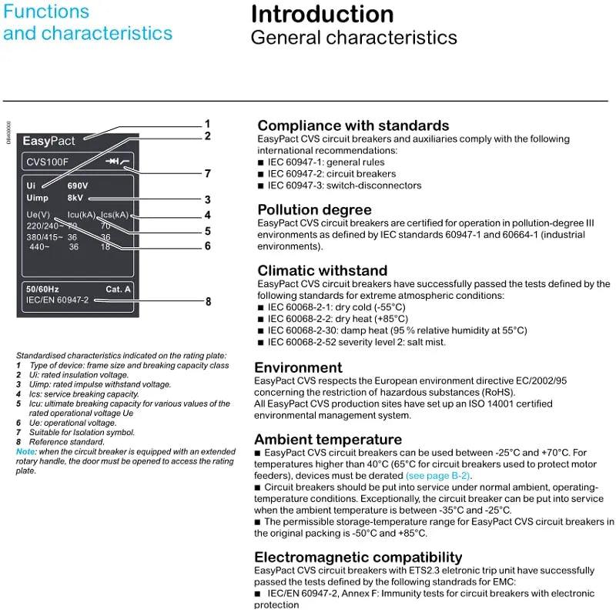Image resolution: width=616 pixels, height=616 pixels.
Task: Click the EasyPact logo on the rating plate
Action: click(49, 141)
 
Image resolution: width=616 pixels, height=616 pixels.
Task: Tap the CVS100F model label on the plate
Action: click(48, 162)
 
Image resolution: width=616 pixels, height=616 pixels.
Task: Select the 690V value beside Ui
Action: click(78, 186)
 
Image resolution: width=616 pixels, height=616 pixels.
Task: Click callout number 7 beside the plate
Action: click(207, 173)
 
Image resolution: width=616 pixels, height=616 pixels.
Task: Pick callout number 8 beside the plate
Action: click(208, 302)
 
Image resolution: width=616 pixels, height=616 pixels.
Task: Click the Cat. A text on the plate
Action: click(119, 289)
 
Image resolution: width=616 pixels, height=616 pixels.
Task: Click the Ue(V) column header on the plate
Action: click(38, 215)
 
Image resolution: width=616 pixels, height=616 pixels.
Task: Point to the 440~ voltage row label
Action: click(39, 247)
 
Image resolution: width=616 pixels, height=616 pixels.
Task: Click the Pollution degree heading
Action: click(314, 209)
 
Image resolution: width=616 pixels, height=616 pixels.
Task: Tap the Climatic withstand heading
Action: click(322, 271)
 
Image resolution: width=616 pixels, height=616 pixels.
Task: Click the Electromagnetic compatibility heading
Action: click(358, 557)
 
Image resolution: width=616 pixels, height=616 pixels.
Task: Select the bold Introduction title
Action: click(322, 15)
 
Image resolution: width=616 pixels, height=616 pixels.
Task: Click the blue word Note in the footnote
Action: click(25, 451)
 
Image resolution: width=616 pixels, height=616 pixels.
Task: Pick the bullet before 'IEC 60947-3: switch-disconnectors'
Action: click(261, 186)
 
